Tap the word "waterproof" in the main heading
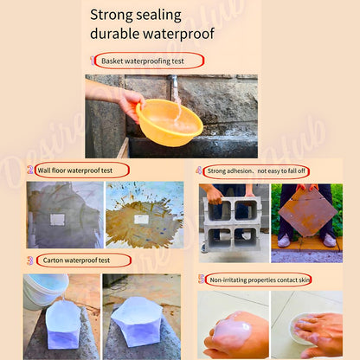click(x=178, y=34)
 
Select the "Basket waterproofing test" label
click(x=143, y=61)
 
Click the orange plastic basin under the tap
click(x=170, y=122)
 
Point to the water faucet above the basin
click(x=173, y=83)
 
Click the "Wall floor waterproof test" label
click(x=75, y=170)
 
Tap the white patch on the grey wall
click(x=58, y=220)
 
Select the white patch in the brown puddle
click(x=141, y=219)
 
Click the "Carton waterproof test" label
click(x=76, y=260)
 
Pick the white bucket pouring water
click(x=45, y=291)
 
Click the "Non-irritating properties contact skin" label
click(x=260, y=280)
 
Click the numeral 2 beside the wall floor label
click(x=30, y=170)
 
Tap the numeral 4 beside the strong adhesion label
click(x=199, y=170)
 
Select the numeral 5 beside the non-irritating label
click(x=202, y=279)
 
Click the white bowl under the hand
click(x=302, y=329)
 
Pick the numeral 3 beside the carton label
click(x=30, y=260)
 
